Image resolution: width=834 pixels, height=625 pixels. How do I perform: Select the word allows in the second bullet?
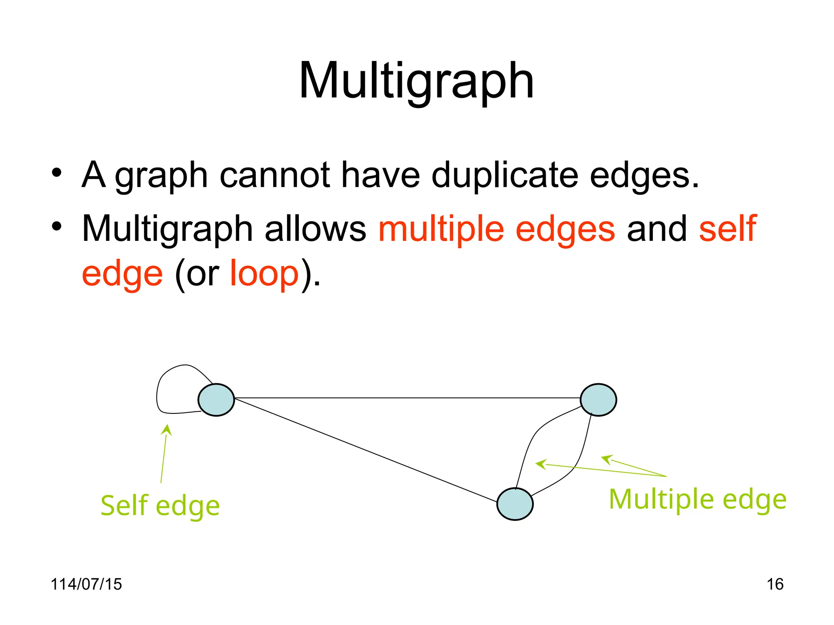click(316, 229)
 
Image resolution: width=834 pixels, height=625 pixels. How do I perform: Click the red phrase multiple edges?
click(496, 229)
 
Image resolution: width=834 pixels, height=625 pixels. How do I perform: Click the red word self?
click(728, 229)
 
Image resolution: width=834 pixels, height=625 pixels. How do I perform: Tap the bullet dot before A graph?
click(57, 173)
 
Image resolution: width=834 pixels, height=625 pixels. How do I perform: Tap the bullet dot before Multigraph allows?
click(57, 226)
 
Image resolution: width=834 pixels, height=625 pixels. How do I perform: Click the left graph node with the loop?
click(216, 400)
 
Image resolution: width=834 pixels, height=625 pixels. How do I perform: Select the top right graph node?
click(598, 400)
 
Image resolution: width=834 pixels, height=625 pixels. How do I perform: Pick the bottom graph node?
click(515, 504)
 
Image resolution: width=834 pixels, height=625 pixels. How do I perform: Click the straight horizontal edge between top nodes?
click(407, 398)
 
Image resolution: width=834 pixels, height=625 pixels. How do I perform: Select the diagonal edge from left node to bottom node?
click(367, 451)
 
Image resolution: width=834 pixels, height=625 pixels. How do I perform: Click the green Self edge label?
click(160, 505)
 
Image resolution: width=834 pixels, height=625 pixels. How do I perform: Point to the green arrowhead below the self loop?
click(167, 429)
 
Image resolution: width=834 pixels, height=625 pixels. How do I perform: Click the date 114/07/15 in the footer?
click(86, 584)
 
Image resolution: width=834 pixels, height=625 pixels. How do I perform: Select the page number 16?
click(775, 584)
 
